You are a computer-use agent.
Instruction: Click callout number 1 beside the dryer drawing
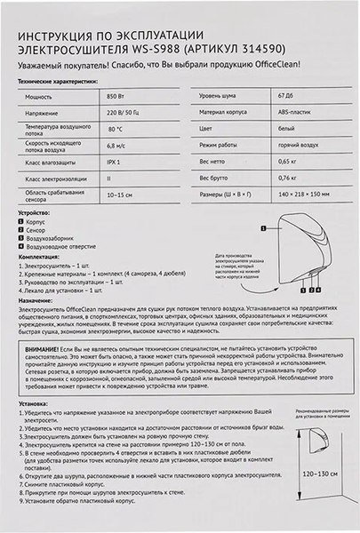click(264, 228)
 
